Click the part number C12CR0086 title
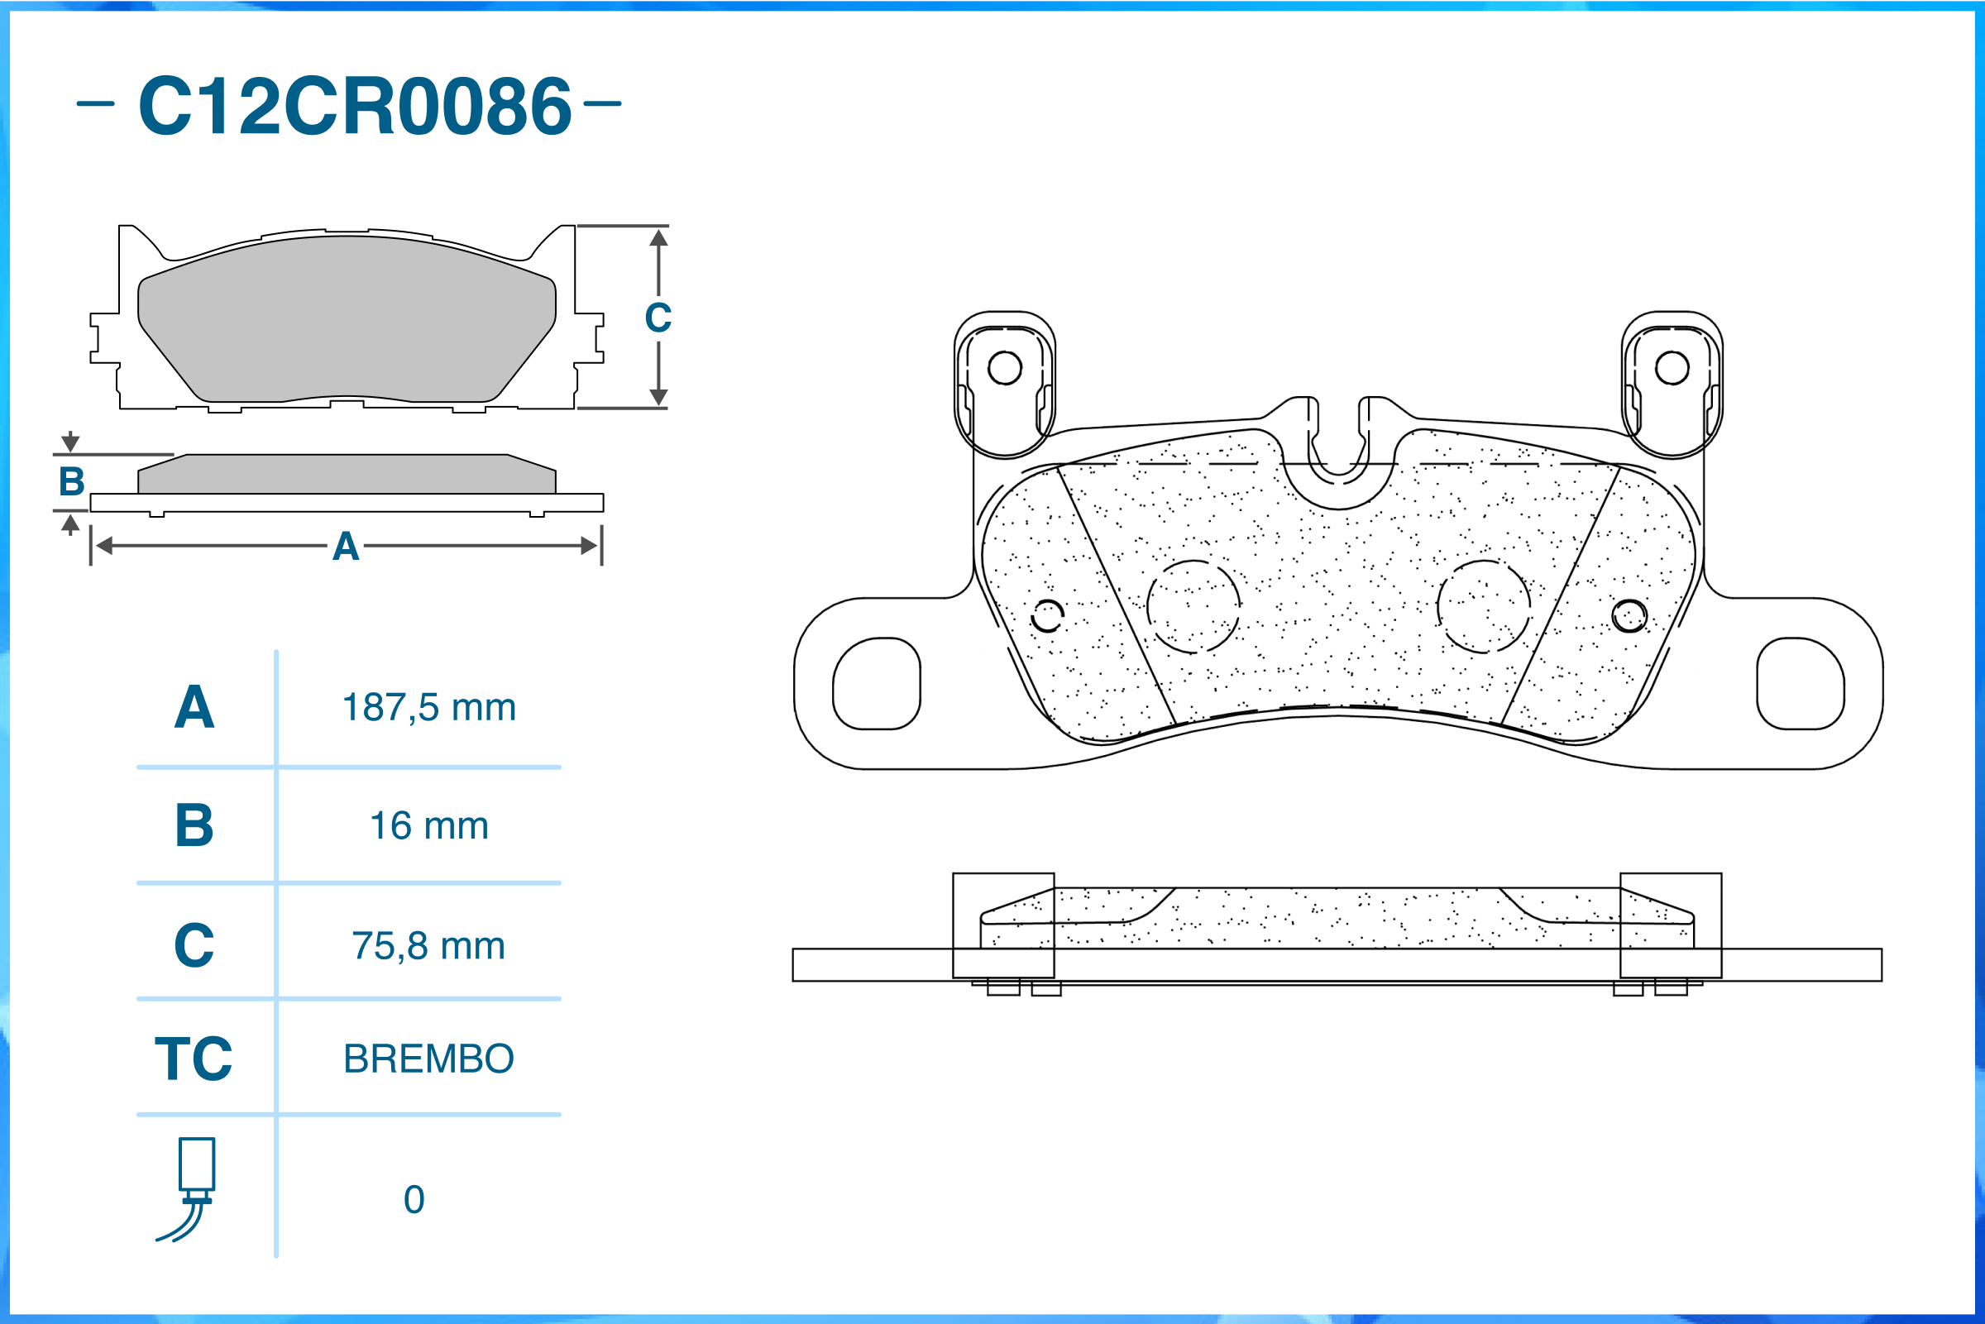(x=355, y=106)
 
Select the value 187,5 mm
(x=429, y=708)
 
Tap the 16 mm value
(x=429, y=826)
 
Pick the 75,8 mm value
(x=429, y=946)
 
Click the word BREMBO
(x=429, y=1059)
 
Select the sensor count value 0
(x=414, y=1200)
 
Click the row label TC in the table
(x=194, y=1059)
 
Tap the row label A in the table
(x=194, y=708)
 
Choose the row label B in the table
(x=194, y=826)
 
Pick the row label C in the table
(x=194, y=946)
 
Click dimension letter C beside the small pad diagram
(x=658, y=318)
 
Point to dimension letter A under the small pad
(x=346, y=547)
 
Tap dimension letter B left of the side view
(x=72, y=482)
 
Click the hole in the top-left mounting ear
(x=1005, y=368)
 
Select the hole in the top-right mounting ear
(x=1672, y=368)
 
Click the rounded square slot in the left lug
(x=877, y=683)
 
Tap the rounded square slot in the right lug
(x=1800, y=683)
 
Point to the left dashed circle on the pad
(x=1193, y=606)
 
